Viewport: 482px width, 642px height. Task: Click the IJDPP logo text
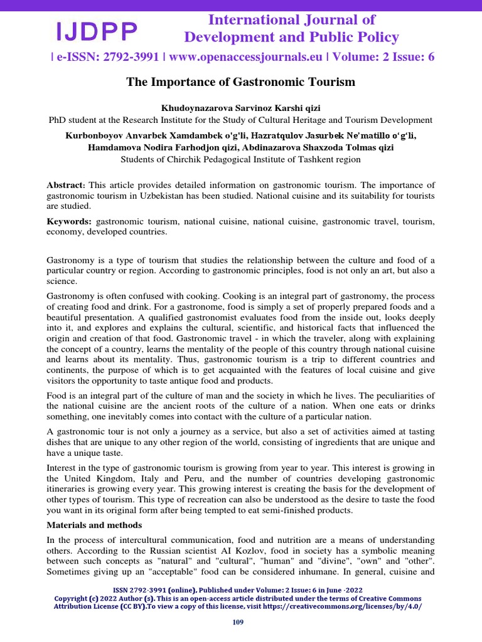[x=97, y=29]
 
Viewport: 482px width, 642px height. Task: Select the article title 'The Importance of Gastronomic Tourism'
[x=241, y=82]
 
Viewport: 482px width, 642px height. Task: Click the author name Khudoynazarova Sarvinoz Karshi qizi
[x=240, y=108]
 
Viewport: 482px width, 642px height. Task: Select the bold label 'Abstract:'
[x=66, y=185]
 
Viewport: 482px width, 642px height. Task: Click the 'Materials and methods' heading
[x=94, y=525]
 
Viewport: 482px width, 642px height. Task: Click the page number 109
[x=238, y=622]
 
